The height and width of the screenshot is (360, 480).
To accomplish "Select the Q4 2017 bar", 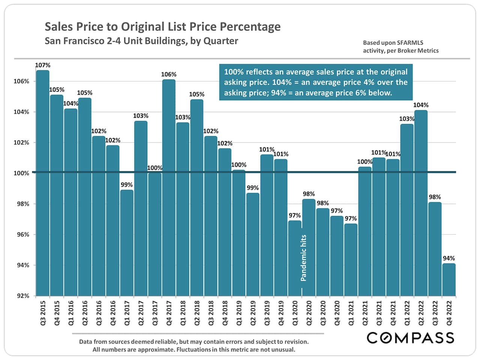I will click(169, 187).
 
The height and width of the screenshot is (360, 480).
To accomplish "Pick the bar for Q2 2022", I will click(421, 203).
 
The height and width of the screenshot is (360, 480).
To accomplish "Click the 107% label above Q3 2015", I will click(43, 65).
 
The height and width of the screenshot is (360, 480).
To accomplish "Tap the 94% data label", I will click(449, 258).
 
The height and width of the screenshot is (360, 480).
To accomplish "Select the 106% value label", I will click(169, 74).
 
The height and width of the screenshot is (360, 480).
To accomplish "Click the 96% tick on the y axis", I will click(21, 235).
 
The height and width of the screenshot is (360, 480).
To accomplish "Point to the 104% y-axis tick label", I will click(21, 112).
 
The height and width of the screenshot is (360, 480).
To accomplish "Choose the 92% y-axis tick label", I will click(21, 296).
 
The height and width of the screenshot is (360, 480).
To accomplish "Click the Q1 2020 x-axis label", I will click(295, 313).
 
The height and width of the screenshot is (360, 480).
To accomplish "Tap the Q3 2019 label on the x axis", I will click(267, 313).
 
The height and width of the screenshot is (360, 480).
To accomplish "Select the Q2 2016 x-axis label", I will click(85, 313).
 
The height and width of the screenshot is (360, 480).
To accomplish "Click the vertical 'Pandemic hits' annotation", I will click(304, 258).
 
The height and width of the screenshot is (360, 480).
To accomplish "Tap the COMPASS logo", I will click(410, 337).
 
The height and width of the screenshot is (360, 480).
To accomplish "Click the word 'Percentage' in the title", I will click(250, 27).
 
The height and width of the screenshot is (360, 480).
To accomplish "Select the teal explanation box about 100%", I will click(316, 82).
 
